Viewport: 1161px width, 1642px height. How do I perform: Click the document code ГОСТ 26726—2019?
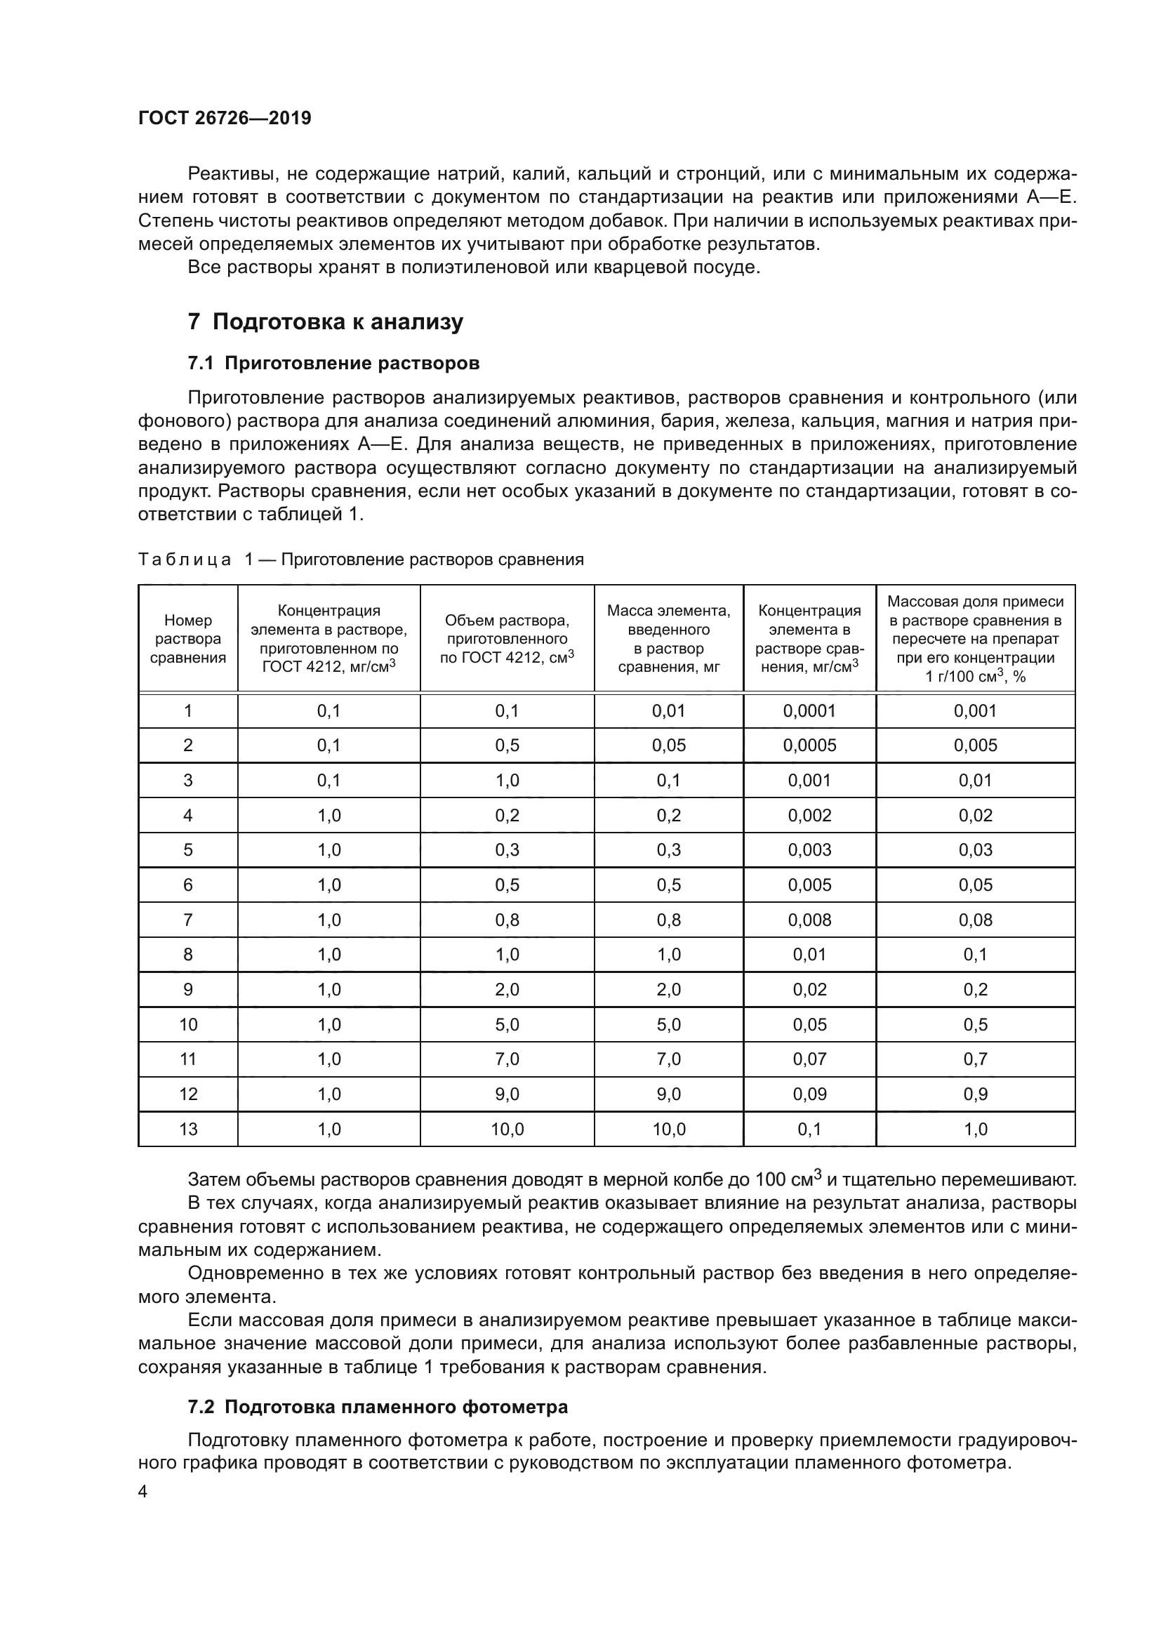225,119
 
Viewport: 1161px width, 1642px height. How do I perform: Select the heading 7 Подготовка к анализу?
325,322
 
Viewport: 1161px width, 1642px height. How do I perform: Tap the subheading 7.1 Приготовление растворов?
333,364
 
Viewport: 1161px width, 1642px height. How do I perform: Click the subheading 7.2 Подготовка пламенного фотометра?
378,1408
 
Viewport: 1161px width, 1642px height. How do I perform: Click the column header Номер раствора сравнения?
188,640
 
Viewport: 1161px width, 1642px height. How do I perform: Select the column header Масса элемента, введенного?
668,640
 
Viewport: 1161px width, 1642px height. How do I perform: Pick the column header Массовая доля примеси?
975,640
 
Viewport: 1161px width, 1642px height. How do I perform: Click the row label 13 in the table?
188,1130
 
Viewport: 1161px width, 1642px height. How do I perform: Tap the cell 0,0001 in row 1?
809,711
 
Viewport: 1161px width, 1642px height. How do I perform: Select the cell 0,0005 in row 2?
809,746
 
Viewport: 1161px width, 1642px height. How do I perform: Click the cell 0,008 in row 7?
809,920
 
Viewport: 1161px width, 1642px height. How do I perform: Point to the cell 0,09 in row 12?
809,1094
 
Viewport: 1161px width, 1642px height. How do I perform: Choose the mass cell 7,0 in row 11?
668,1059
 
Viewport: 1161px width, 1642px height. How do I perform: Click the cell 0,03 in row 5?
975,850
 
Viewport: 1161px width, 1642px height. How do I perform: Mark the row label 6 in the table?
188,885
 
